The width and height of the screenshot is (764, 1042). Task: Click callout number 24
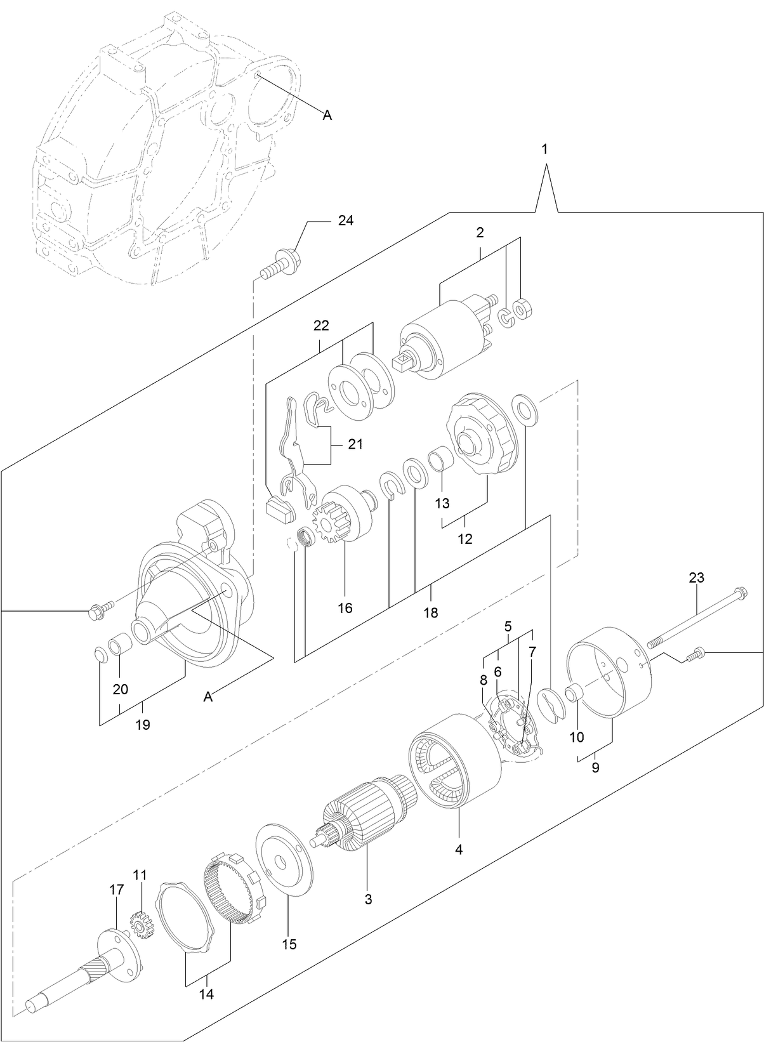click(x=346, y=221)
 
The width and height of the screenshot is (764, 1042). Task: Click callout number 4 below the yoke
click(x=458, y=848)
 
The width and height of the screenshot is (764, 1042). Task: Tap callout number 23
click(x=696, y=577)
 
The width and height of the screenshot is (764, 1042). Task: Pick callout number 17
click(x=117, y=890)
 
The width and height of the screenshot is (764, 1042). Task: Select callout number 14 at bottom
click(x=206, y=994)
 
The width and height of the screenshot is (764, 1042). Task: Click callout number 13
click(x=442, y=503)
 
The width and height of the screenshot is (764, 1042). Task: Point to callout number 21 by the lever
click(x=355, y=444)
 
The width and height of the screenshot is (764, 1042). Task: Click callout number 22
click(x=321, y=326)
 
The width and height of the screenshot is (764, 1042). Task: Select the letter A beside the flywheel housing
click(x=327, y=115)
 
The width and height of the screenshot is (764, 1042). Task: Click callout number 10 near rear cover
click(x=577, y=737)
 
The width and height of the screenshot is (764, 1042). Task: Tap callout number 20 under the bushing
click(x=121, y=689)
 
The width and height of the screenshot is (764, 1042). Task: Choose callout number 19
click(x=143, y=724)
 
